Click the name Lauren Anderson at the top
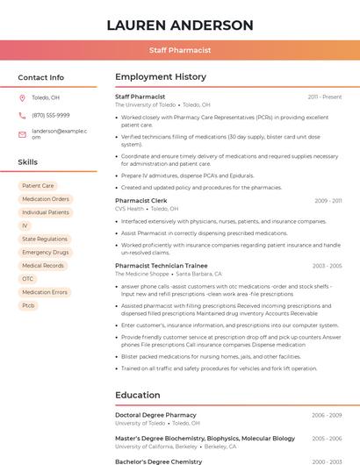(179, 25)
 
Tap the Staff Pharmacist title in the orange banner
(179, 51)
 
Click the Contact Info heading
(40, 77)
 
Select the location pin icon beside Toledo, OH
(22, 97)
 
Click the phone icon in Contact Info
(22, 115)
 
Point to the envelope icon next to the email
(22, 133)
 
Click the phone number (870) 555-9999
(50, 115)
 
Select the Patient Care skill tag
(38, 186)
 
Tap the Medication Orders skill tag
(45, 199)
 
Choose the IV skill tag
(25, 225)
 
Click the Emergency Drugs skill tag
(45, 252)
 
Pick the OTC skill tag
(27, 279)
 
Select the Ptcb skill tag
(28, 305)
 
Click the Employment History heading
(160, 77)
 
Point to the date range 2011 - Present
(324, 97)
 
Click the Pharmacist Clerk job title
(140, 201)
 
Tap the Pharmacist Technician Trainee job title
(161, 265)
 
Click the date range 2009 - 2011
(328, 201)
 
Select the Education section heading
(137, 395)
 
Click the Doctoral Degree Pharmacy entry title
(154, 415)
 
